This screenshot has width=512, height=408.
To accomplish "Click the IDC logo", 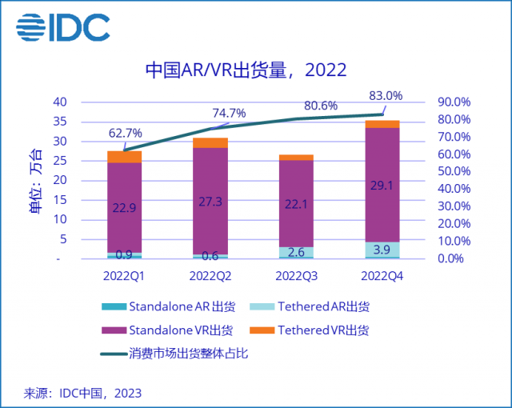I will click(x=62, y=28).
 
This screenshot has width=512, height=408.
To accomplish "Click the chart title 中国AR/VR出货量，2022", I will click(x=246, y=70).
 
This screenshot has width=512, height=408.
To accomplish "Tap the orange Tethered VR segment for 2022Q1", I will click(x=124, y=157).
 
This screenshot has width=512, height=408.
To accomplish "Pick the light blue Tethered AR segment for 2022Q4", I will click(x=382, y=250).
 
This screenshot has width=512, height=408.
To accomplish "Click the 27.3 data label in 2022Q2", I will click(x=210, y=202).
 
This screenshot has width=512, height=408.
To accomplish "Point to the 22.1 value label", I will click(x=296, y=205).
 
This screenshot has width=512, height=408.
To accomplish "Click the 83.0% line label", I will click(x=386, y=96).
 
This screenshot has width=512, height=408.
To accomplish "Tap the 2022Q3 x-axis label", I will click(x=296, y=276).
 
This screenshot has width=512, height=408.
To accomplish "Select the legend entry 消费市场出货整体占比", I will click(x=188, y=353).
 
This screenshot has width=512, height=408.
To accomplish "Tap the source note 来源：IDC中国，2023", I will click(x=83, y=393).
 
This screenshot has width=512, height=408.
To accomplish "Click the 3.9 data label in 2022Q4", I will click(x=382, y=250).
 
